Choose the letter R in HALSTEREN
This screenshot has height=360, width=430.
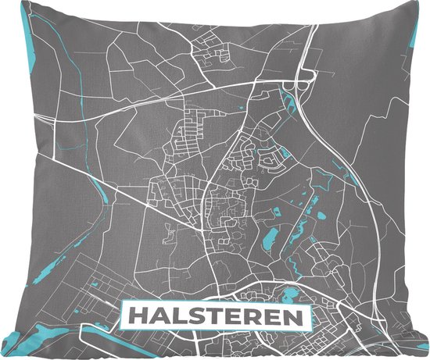pyautogui.click(x=249, y=318)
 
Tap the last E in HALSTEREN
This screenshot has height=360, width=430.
pyautogui.click(x=270, y=318)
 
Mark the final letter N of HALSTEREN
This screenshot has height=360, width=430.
pyautogui.click(x=291, y=318)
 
